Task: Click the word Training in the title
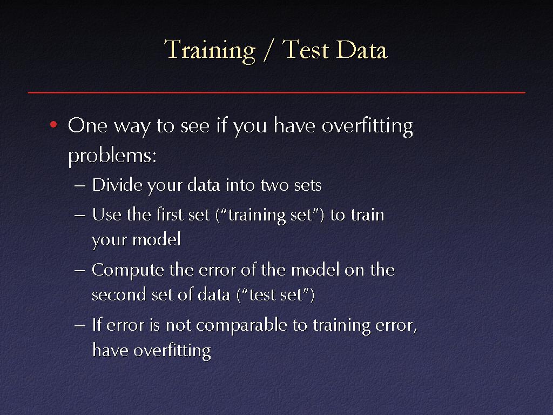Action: point(210,50)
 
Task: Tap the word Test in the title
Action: point(306,49)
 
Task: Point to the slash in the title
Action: point(268,50)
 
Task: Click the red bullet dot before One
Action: point(53,124)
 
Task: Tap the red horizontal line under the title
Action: point(276,92)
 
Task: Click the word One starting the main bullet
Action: point(87,125)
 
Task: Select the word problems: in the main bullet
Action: point(112,155)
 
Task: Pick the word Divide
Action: point(117,185)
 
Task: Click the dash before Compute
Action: point(80,271)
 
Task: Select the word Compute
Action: point(127,271)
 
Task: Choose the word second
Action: point(119,294)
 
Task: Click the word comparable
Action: point(241,325)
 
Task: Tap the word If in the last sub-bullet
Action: point(97,325)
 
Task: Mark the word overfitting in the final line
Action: point(172,351)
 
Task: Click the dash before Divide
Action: point(80,186)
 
